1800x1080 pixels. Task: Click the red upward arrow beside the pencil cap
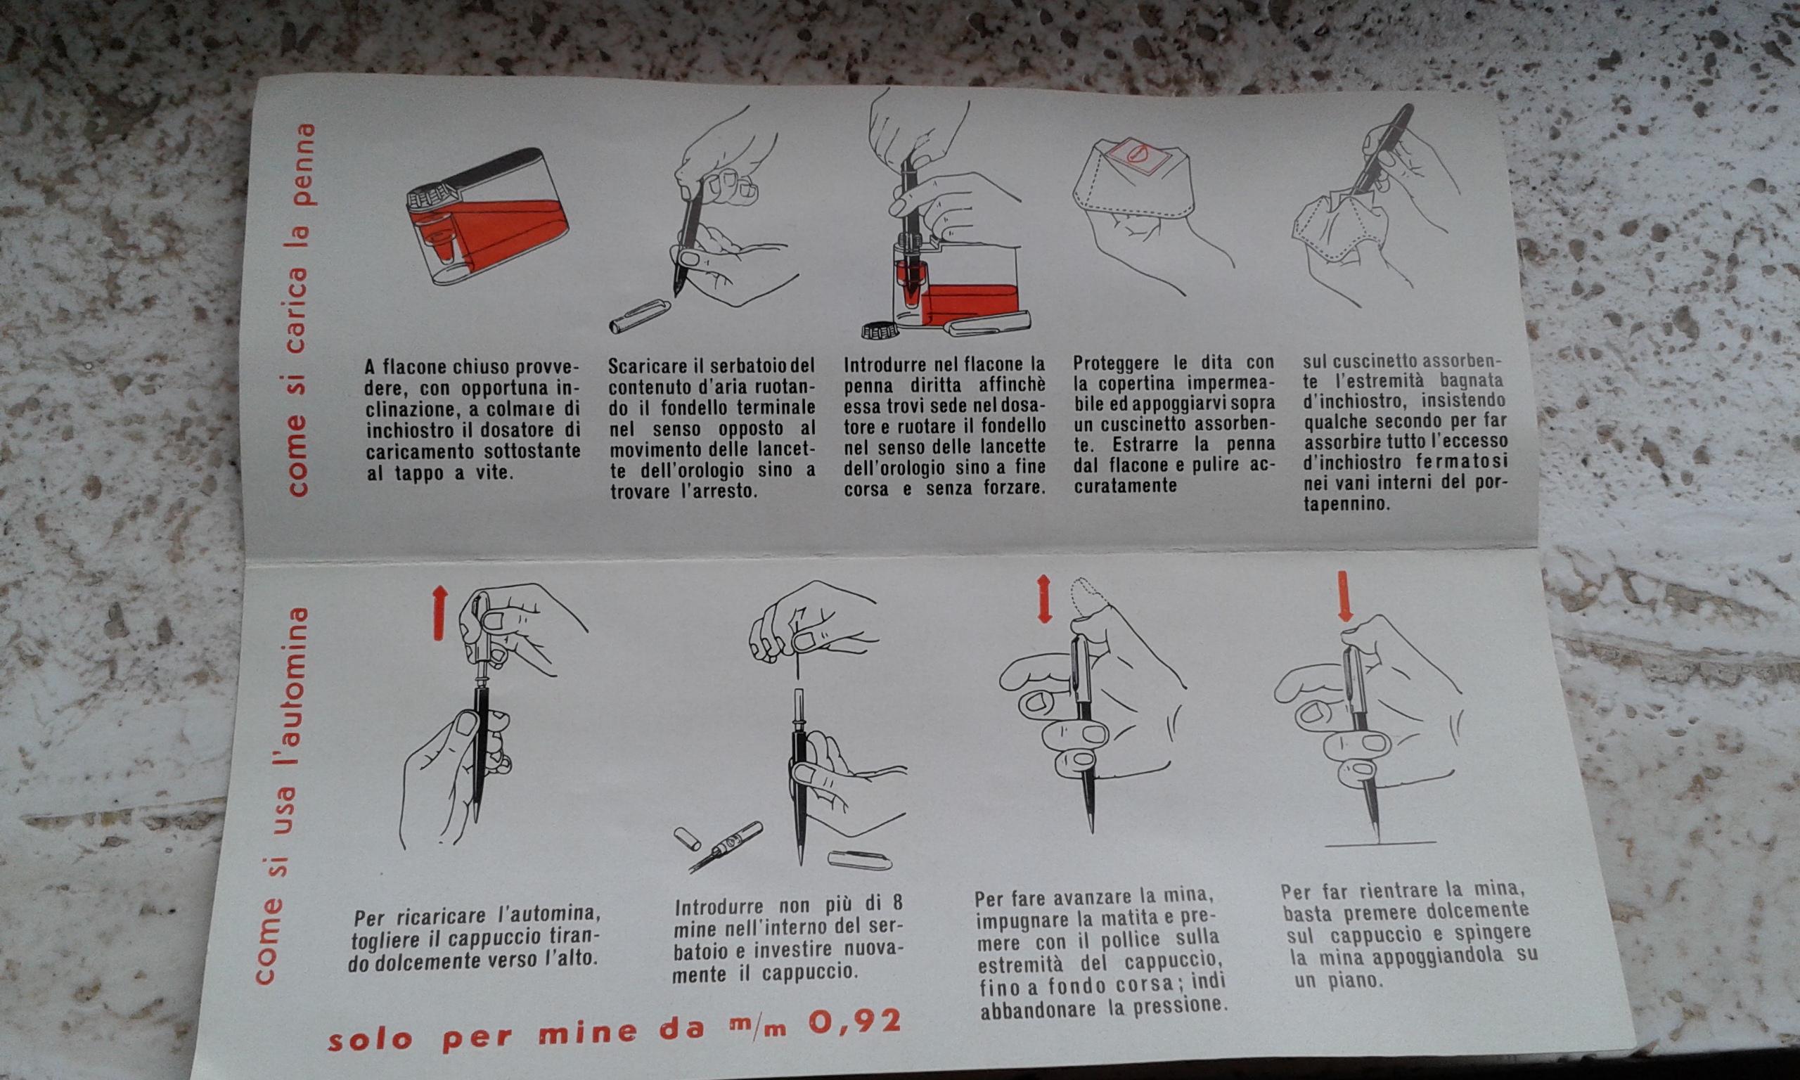click(x=438, y=614)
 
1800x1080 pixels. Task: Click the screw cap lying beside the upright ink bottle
click(x=879, y=331)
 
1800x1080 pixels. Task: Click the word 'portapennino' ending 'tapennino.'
click(x=1403, y=493)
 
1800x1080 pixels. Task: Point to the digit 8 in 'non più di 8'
click(x=897, y=903)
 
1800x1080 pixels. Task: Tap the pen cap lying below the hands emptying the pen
click(x=640, y=315)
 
